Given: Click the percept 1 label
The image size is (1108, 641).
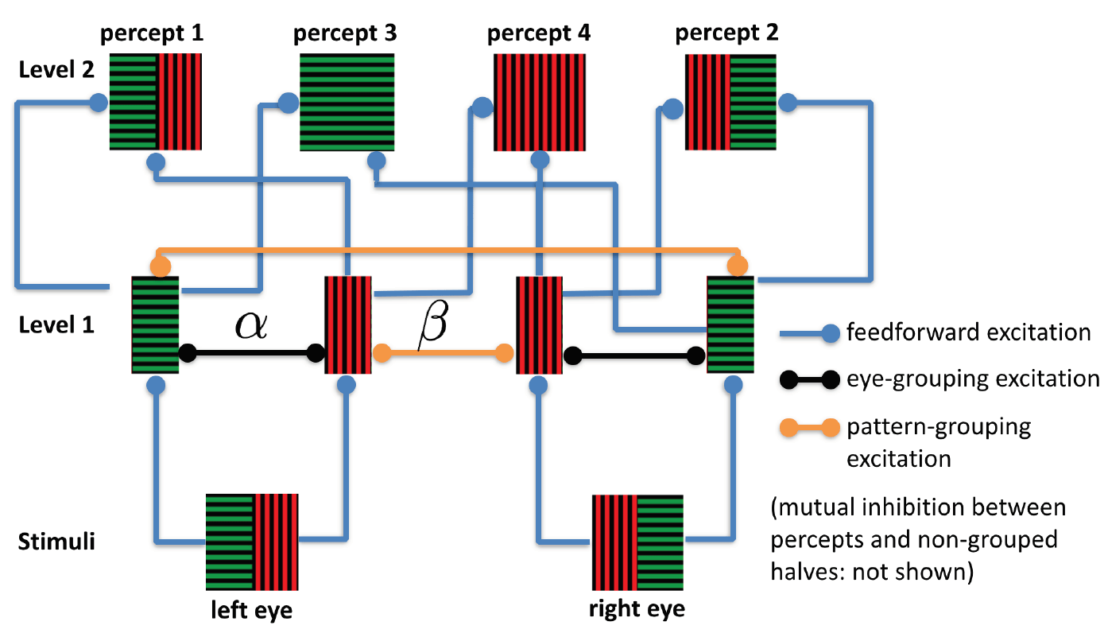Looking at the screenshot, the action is point(152,33).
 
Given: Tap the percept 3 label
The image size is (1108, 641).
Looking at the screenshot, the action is point(345,33).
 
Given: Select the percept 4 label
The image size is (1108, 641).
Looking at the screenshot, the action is point(539,33).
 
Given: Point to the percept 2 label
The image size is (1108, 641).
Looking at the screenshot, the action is point(726,33).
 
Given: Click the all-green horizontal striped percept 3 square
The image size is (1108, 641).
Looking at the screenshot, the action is point(347,102).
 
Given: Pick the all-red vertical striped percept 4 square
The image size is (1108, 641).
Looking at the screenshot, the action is point(540,102).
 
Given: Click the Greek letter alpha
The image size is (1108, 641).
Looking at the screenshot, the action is point(251,325).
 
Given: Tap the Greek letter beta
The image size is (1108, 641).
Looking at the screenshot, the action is point(433,324).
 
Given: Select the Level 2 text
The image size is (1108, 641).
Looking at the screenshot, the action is point(56,70).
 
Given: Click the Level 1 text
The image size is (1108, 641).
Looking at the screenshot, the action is point(56,325).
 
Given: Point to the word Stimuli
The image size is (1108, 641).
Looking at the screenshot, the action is point(56,542).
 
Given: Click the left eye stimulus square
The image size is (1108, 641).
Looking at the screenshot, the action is point(252,542).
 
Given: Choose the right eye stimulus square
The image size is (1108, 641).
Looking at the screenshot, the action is point(637,542).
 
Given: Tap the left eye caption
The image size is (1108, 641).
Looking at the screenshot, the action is point(252,610).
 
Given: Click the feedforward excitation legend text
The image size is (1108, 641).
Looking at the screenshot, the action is point(969,332).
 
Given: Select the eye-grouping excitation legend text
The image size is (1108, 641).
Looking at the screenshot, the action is point(973,379).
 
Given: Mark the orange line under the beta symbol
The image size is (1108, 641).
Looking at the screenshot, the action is point(444,353).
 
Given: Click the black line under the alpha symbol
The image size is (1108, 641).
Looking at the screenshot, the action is point(252,353).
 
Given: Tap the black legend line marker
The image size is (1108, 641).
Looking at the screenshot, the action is point(810,379).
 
